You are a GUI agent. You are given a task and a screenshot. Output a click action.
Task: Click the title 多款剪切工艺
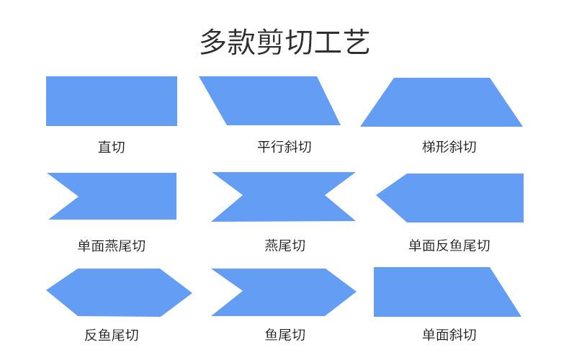pos(285,42)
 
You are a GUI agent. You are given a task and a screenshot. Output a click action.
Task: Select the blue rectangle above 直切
pos(112,101)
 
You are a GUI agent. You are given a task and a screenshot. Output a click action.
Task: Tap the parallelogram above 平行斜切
pos(269,101)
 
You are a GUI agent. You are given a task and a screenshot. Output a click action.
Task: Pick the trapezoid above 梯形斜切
pos(442,102)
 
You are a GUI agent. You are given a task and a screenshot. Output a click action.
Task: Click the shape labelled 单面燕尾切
pos(120,196)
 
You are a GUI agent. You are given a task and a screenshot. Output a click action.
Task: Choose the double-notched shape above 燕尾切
pos(283,197)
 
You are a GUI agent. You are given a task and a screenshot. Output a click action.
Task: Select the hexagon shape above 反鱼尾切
pos(119,292)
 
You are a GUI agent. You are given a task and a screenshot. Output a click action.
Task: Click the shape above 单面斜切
pos(443,292)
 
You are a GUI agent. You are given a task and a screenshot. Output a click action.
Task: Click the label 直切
pos(112,147)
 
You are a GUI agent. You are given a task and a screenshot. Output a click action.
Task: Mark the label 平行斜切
pos(284,147)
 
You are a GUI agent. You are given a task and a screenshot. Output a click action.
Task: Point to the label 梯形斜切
pos(449,147)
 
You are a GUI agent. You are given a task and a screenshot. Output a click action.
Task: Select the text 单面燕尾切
pos(112,246)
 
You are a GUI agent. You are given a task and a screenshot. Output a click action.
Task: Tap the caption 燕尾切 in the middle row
pos(285,246)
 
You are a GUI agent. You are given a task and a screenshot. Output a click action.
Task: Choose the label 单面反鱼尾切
pos(449,246)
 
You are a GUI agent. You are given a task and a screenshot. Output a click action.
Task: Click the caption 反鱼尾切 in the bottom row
pos(112,335)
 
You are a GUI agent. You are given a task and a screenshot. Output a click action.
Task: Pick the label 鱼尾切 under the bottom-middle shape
pos(285,335)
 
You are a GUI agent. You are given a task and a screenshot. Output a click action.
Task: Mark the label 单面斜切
pos(449,335)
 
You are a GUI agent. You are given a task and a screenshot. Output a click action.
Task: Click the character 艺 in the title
pos(356,42)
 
